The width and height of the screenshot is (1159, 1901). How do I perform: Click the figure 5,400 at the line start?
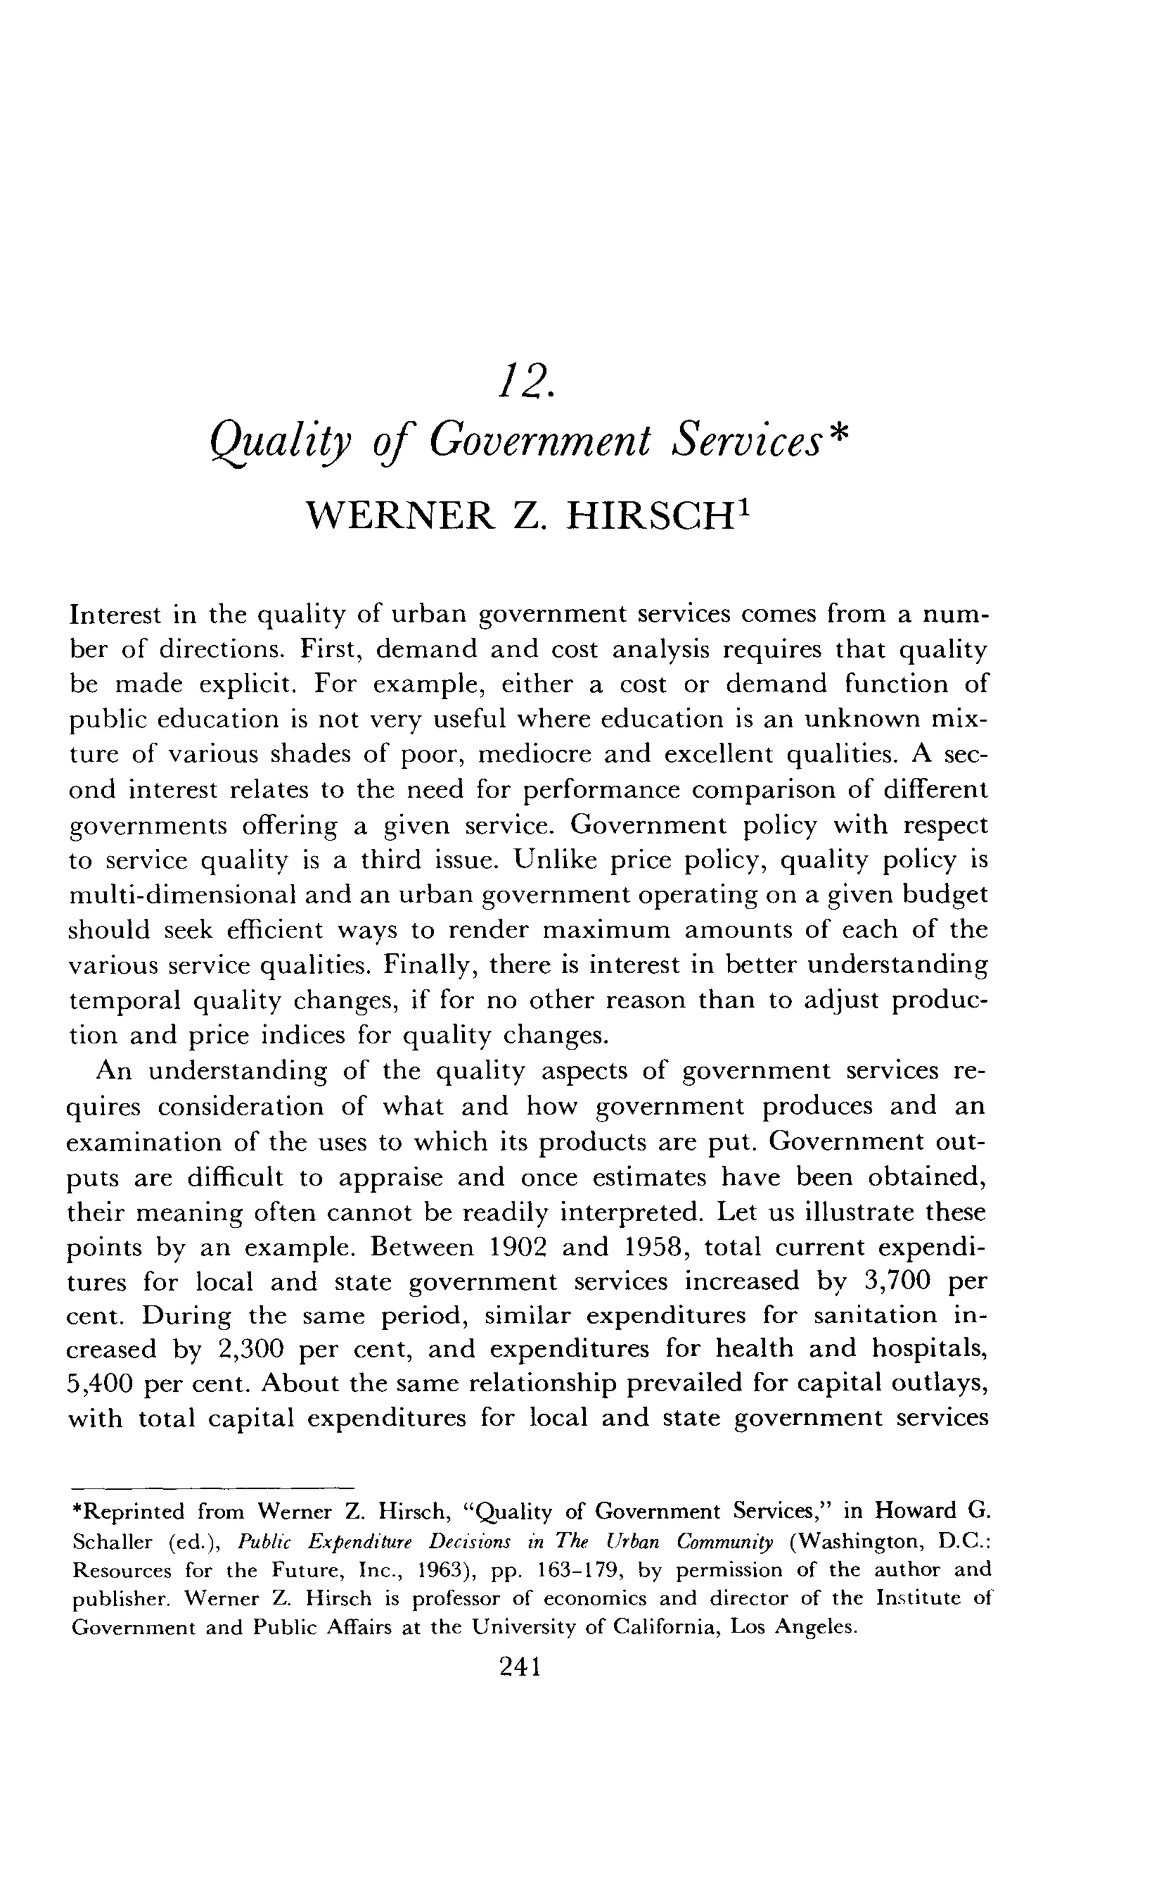click(x=100, y=1384)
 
